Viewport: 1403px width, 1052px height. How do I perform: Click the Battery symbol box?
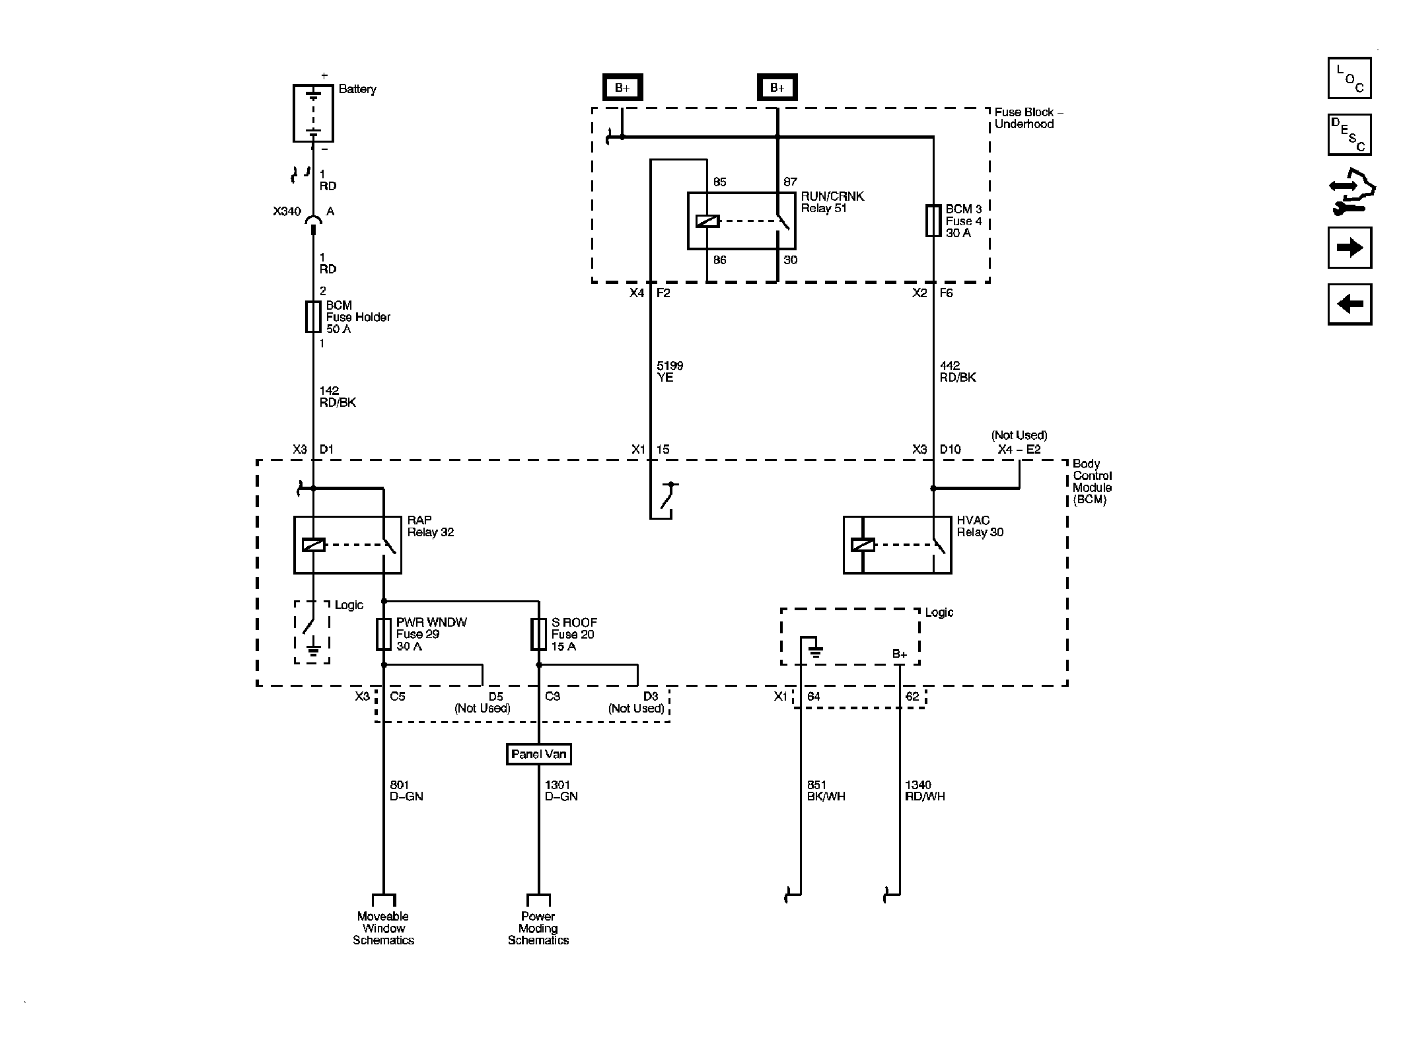pos(313,113)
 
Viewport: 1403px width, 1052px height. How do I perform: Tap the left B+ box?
pos(622,88)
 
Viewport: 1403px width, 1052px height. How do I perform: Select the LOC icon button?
pos(1349,78)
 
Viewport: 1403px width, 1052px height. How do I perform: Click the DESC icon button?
pos(1349,135)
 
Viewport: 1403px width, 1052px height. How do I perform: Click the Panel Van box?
pos(538,754)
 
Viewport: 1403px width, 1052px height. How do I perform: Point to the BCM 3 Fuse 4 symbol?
pos(933,221)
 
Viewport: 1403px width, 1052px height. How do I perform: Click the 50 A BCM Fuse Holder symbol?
pos(313,316)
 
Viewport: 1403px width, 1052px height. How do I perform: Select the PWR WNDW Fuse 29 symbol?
pos(383,634)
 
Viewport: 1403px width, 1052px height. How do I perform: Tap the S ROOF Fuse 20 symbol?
pos(538,634)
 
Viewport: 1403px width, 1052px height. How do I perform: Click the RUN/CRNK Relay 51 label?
pos(832,202)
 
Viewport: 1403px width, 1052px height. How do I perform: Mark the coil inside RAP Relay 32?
pos(313,545)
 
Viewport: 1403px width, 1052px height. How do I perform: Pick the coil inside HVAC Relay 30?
pos(863,545)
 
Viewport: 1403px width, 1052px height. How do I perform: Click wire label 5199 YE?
pos(669,371)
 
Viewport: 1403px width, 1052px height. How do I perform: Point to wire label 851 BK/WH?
pos(826,790)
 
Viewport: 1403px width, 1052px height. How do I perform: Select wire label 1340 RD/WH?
pos(924,790)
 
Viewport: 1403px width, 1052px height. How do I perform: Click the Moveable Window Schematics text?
pos(383,928)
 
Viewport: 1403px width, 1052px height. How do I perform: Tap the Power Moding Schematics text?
pos(538,928)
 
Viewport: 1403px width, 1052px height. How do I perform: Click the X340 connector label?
pos(287,211)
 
